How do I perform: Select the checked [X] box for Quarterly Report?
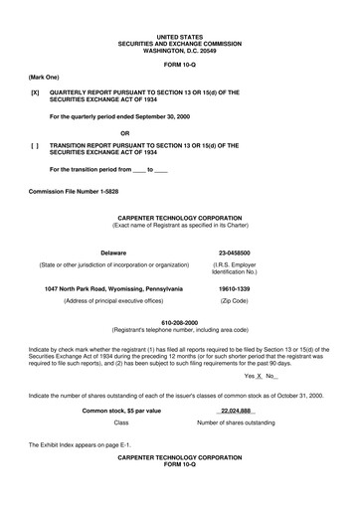36,91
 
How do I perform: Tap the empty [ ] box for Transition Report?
36,146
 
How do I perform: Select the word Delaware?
113,253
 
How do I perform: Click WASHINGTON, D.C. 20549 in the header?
180,42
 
